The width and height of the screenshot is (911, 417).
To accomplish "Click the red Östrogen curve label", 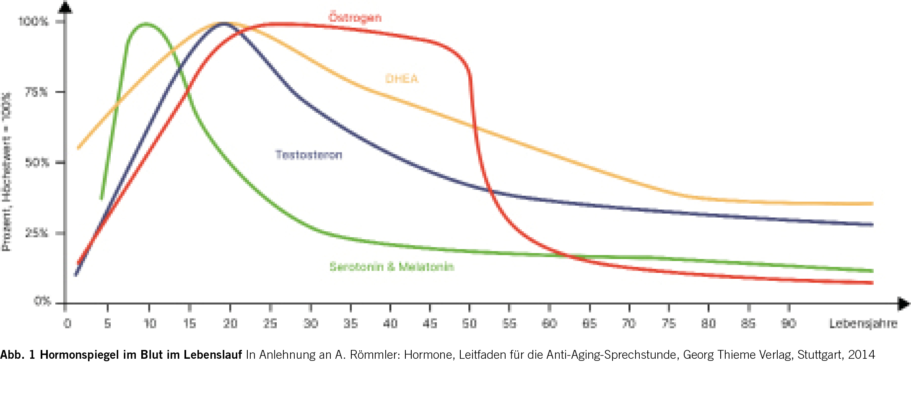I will [x=355, y=18].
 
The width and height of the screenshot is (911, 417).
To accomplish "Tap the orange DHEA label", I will [x=402, y=79].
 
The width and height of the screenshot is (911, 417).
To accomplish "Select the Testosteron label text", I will [x=309, y=155].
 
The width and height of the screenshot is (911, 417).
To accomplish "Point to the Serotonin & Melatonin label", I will [x=392, y=267].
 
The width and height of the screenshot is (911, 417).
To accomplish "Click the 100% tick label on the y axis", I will [x=34, y=21].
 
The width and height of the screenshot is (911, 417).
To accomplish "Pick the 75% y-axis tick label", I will [x=36, y=92].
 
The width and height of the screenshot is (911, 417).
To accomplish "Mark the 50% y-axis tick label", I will [x=37, y=163].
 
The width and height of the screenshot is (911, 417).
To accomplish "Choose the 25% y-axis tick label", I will [x=37, y=233].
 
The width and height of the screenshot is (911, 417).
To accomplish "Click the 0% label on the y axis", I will [x=42, y=301].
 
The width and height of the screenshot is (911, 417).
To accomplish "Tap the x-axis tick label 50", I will [x=470, y=324].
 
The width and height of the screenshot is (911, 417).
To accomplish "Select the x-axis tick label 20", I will [x=230, y=324].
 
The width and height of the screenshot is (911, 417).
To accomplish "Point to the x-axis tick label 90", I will [x=789, y=324].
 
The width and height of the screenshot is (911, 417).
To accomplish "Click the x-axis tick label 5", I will [x=108, y=324].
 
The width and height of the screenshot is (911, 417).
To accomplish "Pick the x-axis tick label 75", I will [x=669, y=324].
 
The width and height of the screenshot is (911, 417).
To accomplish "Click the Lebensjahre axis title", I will [x=863, y=324].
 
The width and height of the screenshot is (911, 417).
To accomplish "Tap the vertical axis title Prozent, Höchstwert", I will [x=7, y=172].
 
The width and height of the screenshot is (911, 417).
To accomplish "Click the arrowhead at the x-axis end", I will [x=903, y=303].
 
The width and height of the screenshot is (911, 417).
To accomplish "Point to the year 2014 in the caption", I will [x=862, y=355].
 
